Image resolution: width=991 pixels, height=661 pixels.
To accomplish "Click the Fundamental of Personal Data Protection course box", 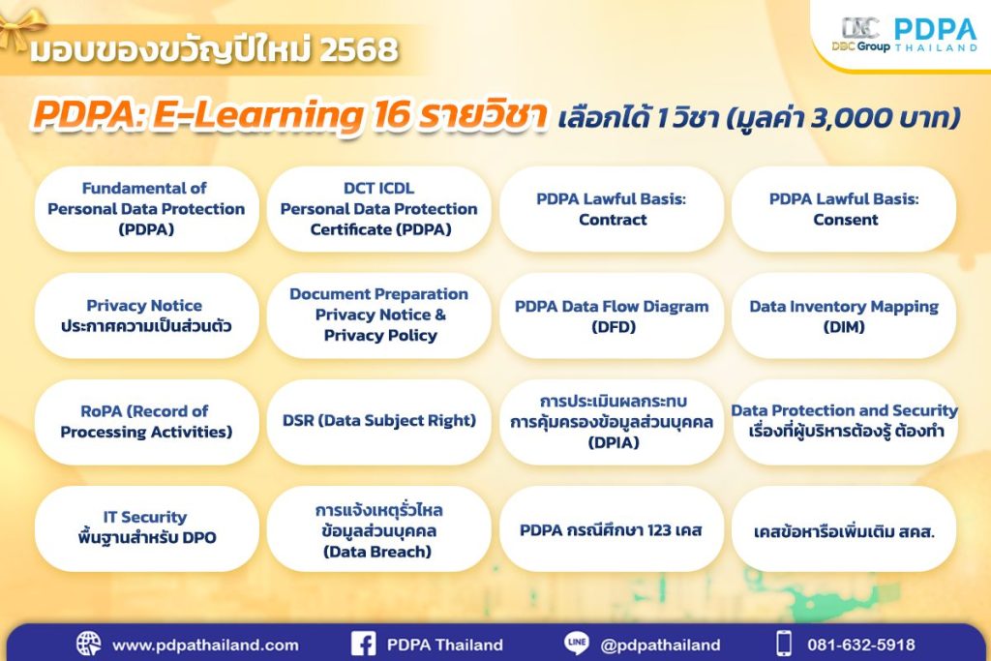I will pyautogui.click(x=146, y=209).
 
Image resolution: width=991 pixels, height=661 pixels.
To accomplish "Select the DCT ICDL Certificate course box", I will pyautogui.click(x=378, y=209).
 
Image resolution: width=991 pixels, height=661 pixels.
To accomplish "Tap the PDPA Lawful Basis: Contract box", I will pyautogui.click(x=612, y=209).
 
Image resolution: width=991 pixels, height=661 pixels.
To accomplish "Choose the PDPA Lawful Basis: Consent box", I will pyautogui.click(x=843, y=209).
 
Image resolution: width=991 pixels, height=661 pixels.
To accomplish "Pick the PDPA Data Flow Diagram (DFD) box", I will pyautogui.click(x=612, y=316).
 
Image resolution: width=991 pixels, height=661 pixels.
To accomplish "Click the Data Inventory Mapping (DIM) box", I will pyautogui.click(x=843, y=316).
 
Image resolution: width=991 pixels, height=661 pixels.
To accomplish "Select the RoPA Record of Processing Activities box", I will pyautogui.click(x=146, y=422).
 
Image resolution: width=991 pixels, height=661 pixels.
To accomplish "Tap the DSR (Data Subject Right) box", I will pyautogui.click(x=378, y=421).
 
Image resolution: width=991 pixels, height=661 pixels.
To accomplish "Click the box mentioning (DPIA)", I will pyautogui.click(x=612, y=422).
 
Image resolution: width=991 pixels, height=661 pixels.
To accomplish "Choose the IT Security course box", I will pyautogui.click(x=146, y=527).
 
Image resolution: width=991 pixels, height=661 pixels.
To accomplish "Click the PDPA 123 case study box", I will pyautogui.click(x=612, y=530).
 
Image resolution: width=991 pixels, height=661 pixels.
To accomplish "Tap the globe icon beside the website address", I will pyautogui.click(x=88, y=644).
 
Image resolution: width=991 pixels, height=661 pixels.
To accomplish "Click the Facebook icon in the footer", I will pyautogui.click(x=363, y=644).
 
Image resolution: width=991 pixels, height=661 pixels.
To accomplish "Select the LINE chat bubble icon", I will pyautogui.click(x=577, y=644).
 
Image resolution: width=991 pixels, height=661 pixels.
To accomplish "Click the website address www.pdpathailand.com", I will pyautogui.click(x=205, y=645).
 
